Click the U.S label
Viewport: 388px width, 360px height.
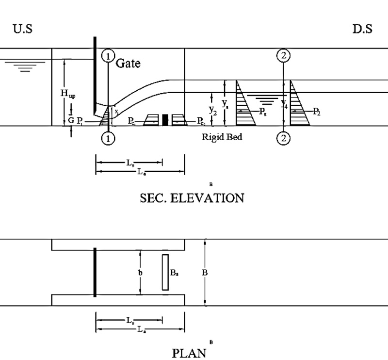[x=23, y=29]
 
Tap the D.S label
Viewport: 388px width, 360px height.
[x=362, y=29]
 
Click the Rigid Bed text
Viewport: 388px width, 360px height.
[x=222, y=137]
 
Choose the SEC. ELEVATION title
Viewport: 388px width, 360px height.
[x=192, y=198]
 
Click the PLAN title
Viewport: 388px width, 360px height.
[x=189, y=352]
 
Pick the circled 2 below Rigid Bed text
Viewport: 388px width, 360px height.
[x=284, y=139]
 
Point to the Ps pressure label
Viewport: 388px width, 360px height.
[x=262, y=112]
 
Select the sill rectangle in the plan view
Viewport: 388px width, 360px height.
[x=165, y=272]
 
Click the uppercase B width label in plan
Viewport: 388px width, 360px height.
[x=205, y=273]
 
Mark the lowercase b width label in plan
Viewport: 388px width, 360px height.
[x=141, y=273]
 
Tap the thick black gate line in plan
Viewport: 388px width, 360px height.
[x=95, y=272]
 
